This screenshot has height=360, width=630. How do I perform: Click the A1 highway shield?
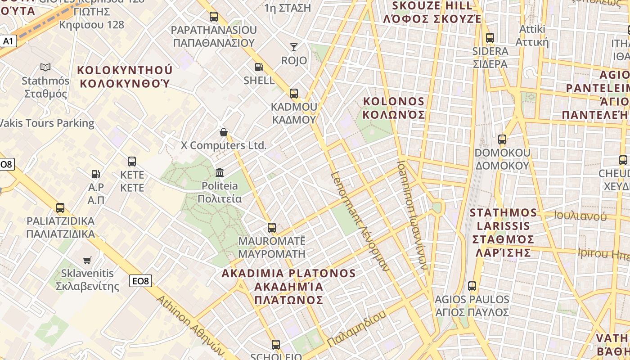click(8, 41)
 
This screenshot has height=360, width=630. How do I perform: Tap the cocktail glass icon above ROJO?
click(294, 47)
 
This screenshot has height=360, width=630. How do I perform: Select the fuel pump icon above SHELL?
click(259, 67)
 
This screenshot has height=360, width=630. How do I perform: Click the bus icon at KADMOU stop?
click(294, 94)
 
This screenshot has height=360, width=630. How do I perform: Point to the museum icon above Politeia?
click(220, 172)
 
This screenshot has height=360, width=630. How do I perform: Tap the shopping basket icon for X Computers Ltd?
click(223, 132)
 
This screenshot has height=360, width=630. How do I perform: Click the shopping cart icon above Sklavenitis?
click(87, 260)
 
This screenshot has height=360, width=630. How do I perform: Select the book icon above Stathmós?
click(45, 67)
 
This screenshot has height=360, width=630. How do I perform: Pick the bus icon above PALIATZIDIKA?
click(60, 208)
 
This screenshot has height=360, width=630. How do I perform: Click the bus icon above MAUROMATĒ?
click(272, 228)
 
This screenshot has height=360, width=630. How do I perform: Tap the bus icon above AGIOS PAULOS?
click(472, 286)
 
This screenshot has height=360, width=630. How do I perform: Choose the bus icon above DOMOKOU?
click(502, 139)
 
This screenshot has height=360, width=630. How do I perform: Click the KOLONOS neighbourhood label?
click(394, 108)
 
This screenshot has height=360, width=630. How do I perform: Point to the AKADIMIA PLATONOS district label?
click(288, 286)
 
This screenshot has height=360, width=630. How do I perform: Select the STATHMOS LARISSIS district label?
click(504, 232)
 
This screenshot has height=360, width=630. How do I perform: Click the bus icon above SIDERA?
click(490, 38)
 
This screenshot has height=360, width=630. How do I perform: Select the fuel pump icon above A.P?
click(96, 174)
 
